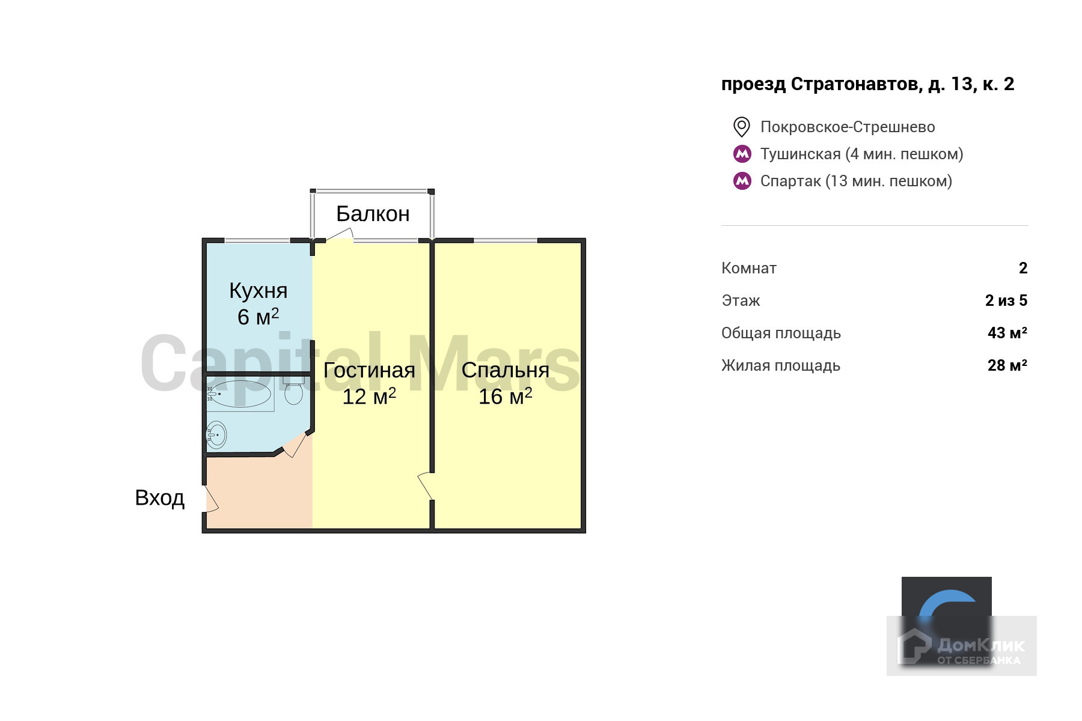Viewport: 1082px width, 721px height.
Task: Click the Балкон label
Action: [x=373, y=214]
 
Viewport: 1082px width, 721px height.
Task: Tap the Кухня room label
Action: [x=258, y=291]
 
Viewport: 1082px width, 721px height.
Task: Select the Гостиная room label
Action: [x=369, y=370]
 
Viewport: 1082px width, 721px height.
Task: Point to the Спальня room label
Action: [x=505, y=370]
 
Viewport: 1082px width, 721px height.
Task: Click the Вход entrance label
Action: [x=159, y=498]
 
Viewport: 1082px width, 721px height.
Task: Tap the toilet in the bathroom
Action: [x=293, y=392]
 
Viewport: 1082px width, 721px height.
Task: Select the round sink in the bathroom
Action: [x=216, y=434]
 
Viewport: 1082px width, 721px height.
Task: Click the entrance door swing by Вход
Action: [x=210, y=499]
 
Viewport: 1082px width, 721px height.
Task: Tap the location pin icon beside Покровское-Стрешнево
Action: [x=742, y=127]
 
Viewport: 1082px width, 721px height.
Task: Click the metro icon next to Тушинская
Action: [x=742, y=154]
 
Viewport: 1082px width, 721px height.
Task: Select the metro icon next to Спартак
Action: [x=742, y=181]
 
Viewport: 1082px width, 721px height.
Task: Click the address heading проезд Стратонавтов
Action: [x=867, y=84]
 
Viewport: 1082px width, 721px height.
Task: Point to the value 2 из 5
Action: [x=1006, y=300]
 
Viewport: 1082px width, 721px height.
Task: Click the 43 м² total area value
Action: [x=1007, y=333]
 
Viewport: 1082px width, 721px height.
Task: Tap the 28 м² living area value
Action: [x=1007, y=365]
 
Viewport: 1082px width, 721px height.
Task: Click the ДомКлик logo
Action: [x=962, y=646]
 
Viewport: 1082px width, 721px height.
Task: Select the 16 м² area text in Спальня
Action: [x=505, y=397]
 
